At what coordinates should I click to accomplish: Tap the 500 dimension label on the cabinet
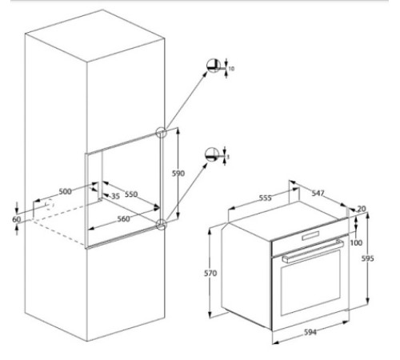click(65, 192)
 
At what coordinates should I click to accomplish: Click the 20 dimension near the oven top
click(361, 209)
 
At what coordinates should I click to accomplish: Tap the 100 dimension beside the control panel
click(355, 242)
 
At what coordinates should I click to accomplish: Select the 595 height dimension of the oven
click(367, 258)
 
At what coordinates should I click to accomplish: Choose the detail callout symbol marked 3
click(214, 154)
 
